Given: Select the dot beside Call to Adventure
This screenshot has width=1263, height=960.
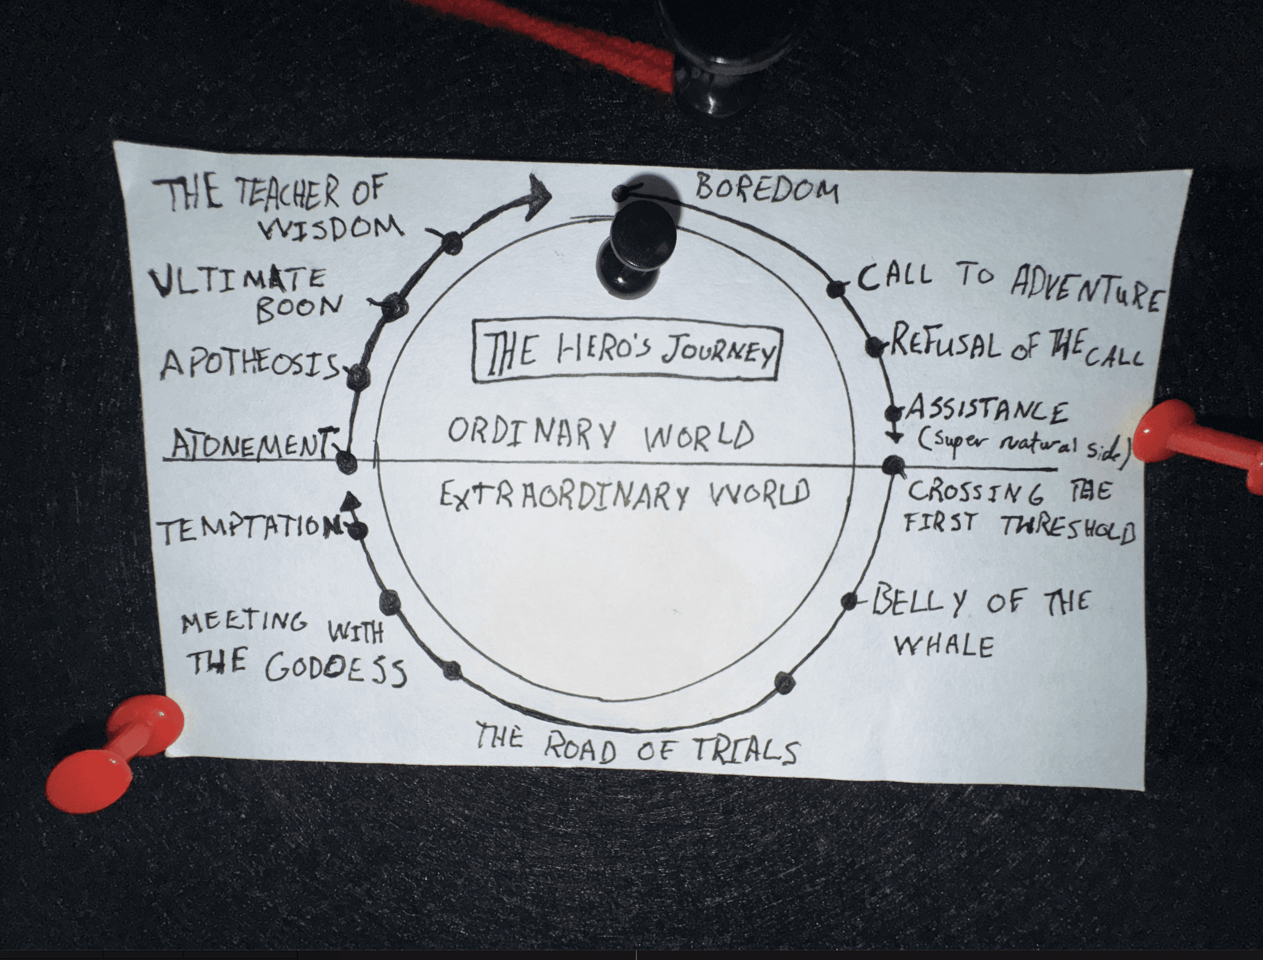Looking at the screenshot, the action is pyautogui.click(x=836, y=289).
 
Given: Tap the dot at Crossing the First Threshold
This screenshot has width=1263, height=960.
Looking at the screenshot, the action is pyautogui.click(x=894, y=465).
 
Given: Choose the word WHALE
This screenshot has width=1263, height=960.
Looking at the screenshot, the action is pyautogui.click(x=943, y=646).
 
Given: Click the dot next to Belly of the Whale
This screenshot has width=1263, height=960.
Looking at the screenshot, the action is pyautogui.click(x=850, y=600).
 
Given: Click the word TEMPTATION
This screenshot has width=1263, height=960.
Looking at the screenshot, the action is pyautogui.click(x=249, y=530).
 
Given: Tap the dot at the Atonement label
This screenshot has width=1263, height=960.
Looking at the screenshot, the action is pyautogui.click(x=346, y=461).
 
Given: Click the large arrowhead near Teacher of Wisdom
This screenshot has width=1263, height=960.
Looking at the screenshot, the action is pyautogui.click(x=537, y=195).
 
